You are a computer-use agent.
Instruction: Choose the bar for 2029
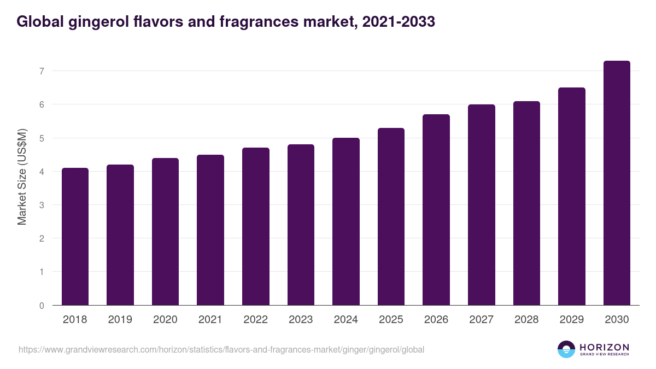pos(572,196)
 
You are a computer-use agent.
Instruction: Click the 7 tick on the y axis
pos(42,71)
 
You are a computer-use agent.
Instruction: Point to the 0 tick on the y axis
pos(42,306)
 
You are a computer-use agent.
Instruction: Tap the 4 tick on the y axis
pos(42,172)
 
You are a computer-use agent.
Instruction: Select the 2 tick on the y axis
pos(42,238)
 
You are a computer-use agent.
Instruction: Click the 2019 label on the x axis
pos(120,320)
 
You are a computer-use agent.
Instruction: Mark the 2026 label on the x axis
pos(436,320)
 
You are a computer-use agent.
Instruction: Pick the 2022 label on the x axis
pos(256,320)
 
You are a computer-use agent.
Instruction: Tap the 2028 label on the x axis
pos(526,320)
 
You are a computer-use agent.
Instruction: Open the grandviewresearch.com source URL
pos(221,349)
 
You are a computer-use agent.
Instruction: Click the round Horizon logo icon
pos(566,349)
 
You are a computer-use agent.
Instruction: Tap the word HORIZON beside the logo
pos(604,347)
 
